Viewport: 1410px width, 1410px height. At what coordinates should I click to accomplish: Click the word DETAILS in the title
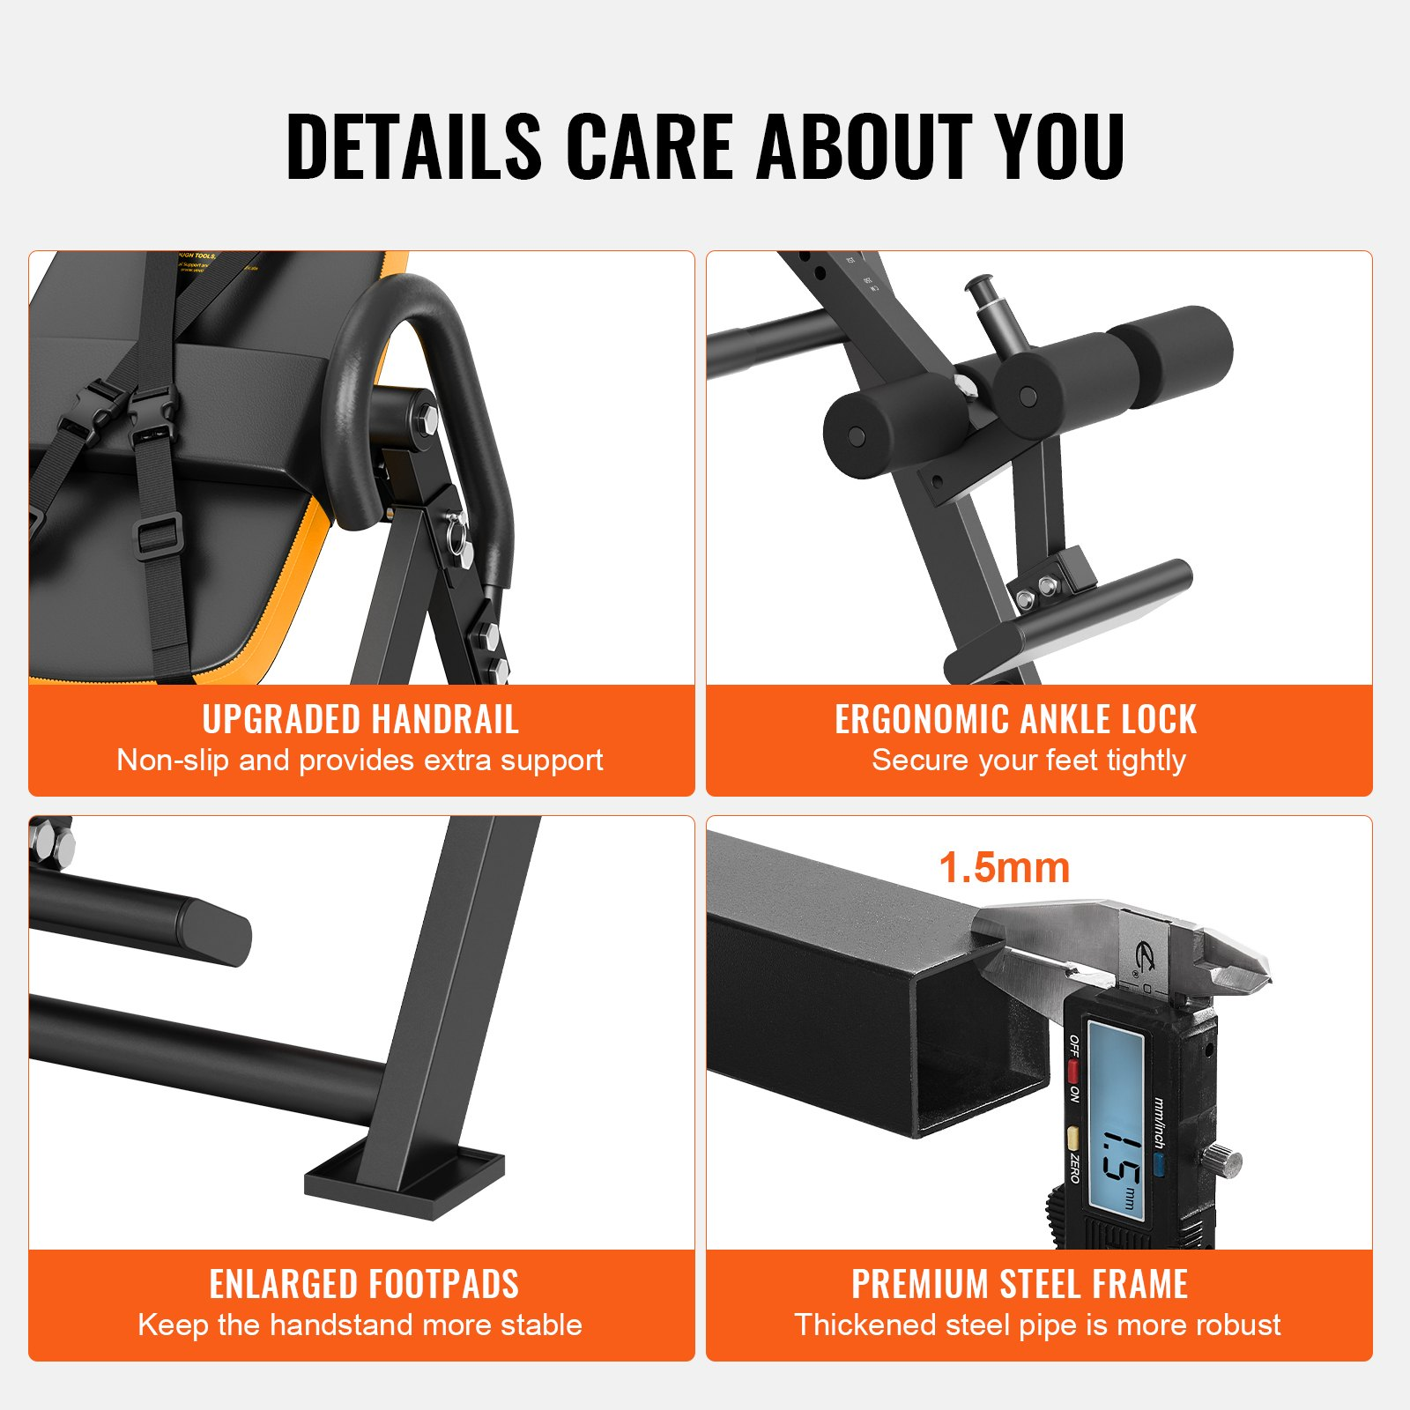(x=413, y=146)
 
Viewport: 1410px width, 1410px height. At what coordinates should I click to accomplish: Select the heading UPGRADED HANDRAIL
(x=360, y=720)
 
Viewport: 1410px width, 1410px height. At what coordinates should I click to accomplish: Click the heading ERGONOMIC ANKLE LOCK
(x=1015, y=720)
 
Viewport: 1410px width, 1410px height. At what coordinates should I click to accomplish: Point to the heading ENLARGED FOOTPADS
(x=363, y=1284)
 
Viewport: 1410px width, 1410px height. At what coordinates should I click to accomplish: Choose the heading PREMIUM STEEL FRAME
(x=1020, y=1284)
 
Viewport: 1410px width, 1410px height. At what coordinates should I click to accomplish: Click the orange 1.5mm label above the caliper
(x=1004, y=868)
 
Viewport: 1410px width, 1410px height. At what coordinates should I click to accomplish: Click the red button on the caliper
(x=1073, y=1072)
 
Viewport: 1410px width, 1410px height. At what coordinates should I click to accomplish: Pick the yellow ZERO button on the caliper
(x=1072, y=1136)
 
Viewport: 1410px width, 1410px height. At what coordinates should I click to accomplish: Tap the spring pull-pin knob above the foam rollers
(x=979, y=287)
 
